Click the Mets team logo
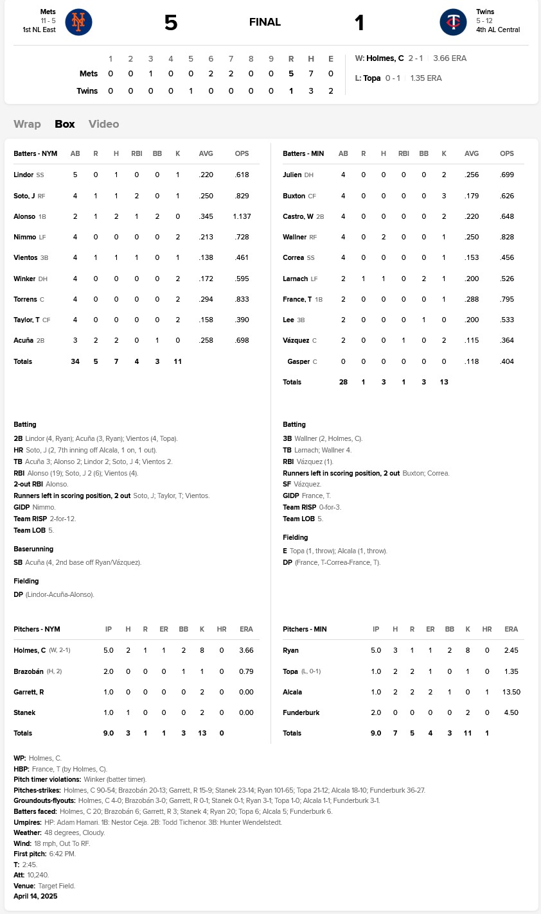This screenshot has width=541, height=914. point(78,22)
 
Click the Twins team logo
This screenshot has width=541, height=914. point(453,22)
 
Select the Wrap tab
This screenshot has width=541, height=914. point(27,124)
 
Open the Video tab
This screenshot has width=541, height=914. point(103,124)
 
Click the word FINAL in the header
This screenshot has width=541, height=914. point(265,22)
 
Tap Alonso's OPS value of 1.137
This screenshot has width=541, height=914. point(242,216)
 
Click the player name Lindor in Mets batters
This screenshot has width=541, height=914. point(23,175)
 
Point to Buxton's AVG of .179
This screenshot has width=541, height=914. point(472,196)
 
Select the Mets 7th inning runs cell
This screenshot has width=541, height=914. point(231,74)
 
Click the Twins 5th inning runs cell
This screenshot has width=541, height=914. point(191,91)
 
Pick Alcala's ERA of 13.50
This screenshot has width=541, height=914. point(511,692)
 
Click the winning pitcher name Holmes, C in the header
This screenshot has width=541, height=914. point(385,58)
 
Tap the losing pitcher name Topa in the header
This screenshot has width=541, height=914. point(372,78)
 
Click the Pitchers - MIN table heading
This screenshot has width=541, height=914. point(305,629)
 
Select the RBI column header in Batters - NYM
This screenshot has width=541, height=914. point(136,153)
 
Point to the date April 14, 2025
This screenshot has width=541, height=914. point(35,896)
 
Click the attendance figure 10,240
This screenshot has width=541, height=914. point(39,875)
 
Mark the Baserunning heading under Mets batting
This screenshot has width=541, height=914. point(33,549)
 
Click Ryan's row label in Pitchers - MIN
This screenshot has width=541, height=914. point(290,650)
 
